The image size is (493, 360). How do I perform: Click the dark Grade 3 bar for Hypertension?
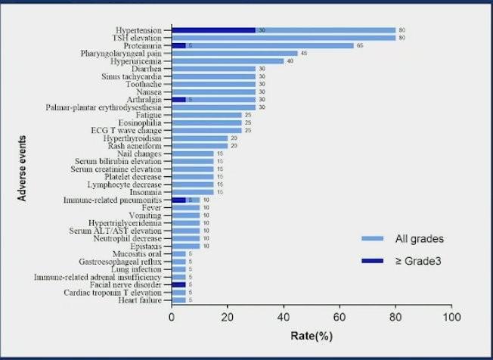click(x=214, y=30)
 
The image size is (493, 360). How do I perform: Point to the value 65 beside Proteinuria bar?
click(x=360, y=45)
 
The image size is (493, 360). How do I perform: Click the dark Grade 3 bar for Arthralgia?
click(x=178, y=99)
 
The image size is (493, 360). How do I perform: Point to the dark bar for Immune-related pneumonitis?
click(x=178, y=200)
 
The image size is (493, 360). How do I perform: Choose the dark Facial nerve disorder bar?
click(x=178, y=284)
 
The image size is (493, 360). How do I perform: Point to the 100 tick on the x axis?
click(x=451, y=318)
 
